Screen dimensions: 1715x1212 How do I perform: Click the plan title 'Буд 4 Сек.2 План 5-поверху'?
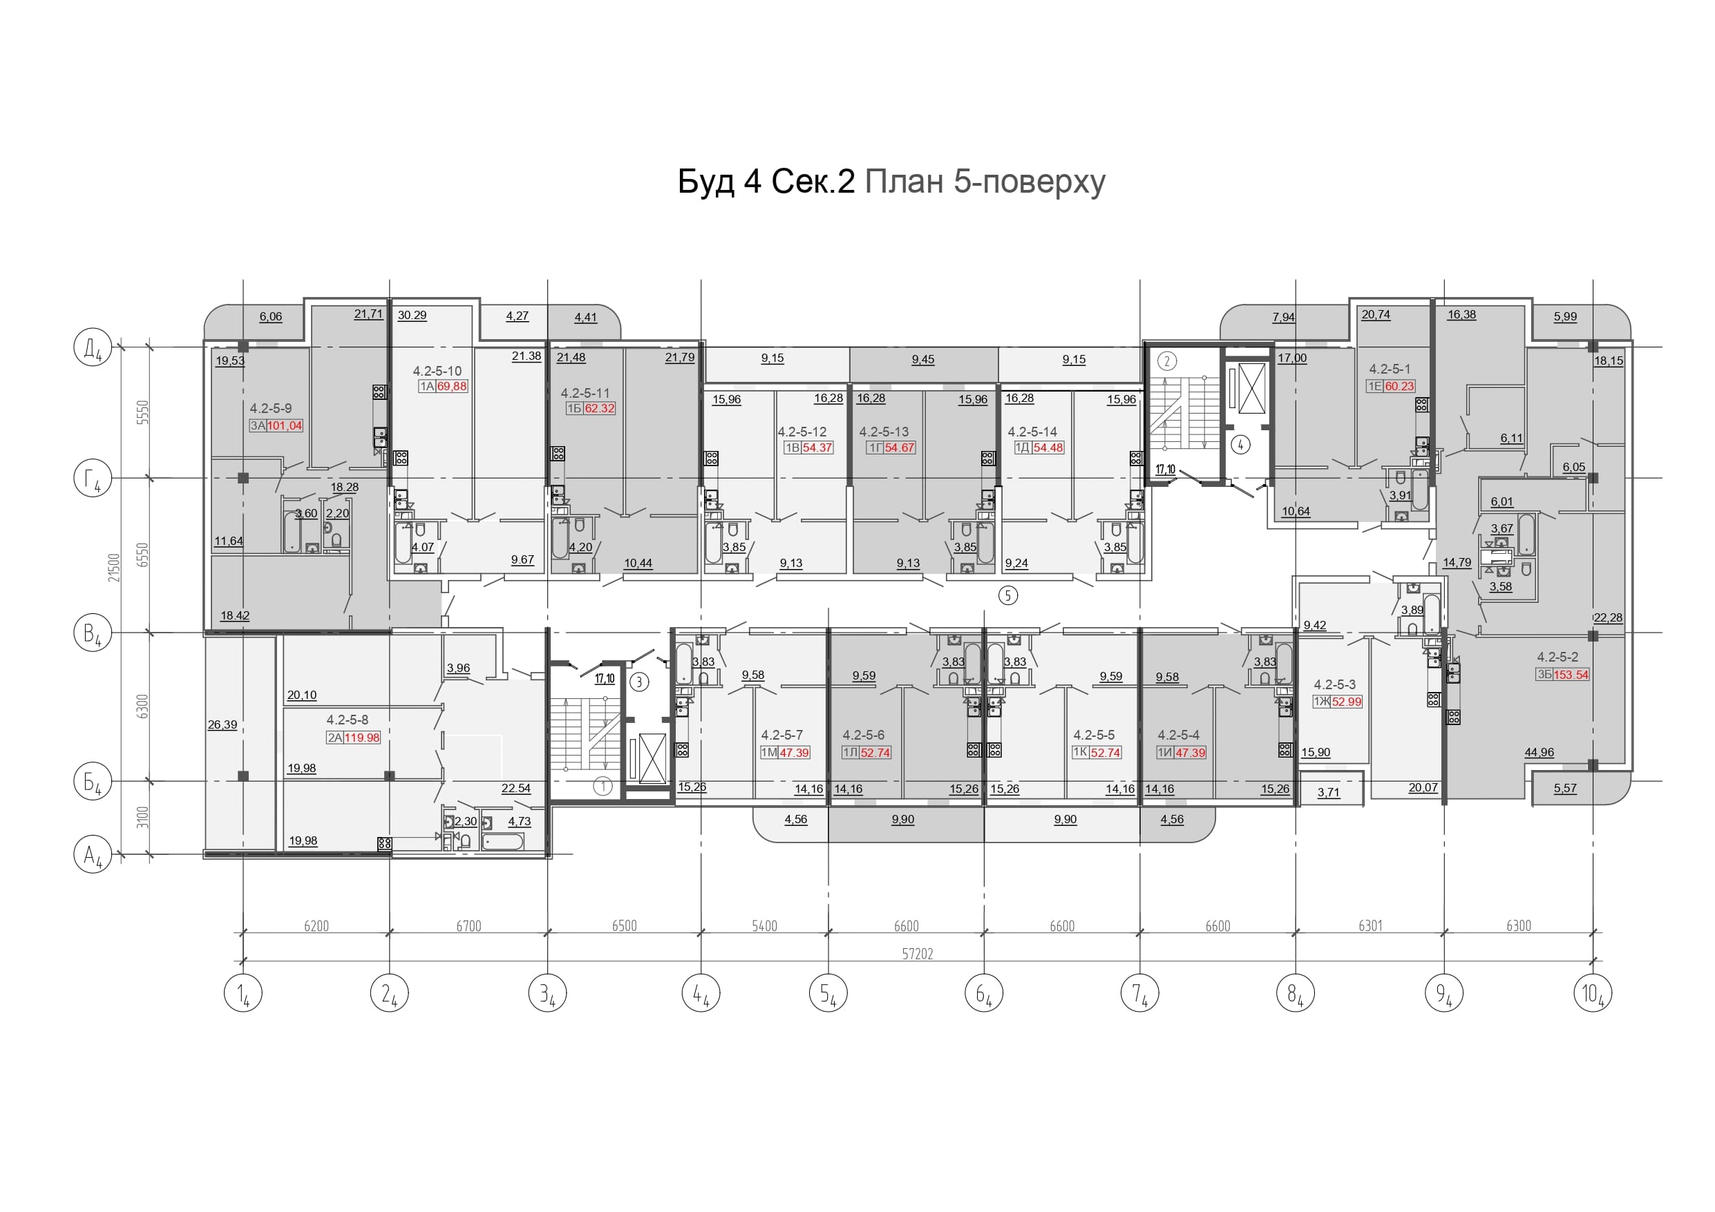tap(891, 182)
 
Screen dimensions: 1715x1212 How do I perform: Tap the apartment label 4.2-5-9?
tap(270, 408)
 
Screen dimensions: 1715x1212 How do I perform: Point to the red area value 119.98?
tap(362, 738)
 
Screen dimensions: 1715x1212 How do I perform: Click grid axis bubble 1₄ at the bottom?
tap(243, 993)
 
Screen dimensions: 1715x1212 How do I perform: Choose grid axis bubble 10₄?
tap(1593, 993)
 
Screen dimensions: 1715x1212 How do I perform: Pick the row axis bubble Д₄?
tap(93, 348)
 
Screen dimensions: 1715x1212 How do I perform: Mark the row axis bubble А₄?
tap(93, 854)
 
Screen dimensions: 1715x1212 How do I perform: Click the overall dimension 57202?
tap(917, 954)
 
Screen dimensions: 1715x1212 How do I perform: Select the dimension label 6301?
tap(1370, 926)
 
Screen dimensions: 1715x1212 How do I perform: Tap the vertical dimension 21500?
tap(113, 568)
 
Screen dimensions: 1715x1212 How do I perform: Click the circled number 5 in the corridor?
tap(1008, 595)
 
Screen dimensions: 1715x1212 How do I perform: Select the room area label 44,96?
tap(1539, 753)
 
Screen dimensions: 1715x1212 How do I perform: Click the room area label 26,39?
tap(222, 725)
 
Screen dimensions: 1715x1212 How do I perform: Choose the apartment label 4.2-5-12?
tap(802, 432)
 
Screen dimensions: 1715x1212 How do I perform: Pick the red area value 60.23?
tap(1400, 386)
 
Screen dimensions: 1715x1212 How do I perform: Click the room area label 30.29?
tap(413, 315)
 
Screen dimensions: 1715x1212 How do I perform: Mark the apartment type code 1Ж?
tap(1320, 702)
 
